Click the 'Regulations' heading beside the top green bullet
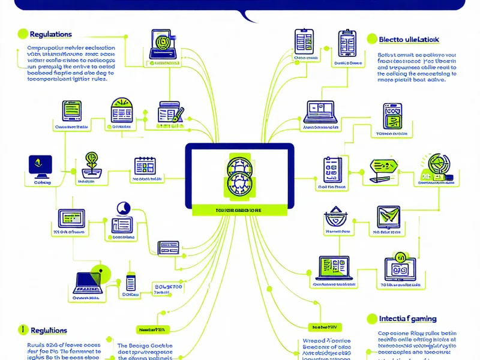coord(50,34)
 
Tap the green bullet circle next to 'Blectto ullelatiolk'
coord(371,39)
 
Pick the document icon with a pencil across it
coord(170,113)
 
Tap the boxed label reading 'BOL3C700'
coord(168,287)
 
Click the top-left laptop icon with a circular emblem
coord(161,45)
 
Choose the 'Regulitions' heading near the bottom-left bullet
coord(47,331)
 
